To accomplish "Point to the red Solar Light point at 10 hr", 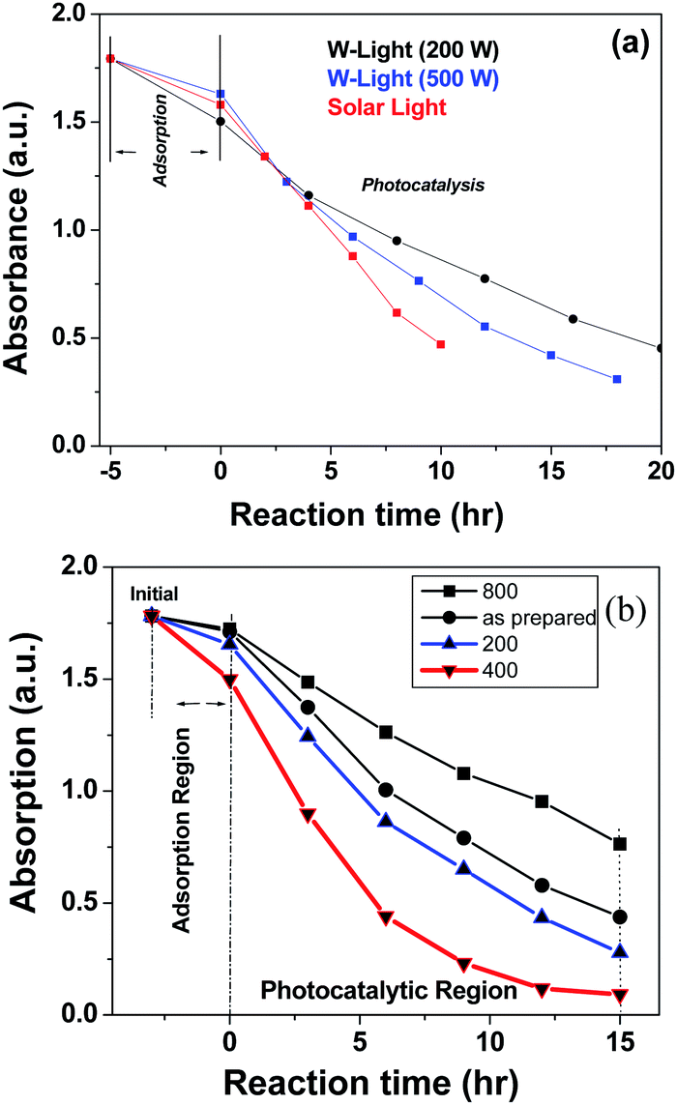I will pyautogui.click(x=441, y=344).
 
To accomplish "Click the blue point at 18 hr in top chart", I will pyautogui.click(x=617, y=379).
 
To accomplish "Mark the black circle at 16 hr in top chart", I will pyautogui.click(x=573, y=319).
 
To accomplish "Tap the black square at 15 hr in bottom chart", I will pyautogui.click(x=620, y=844).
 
